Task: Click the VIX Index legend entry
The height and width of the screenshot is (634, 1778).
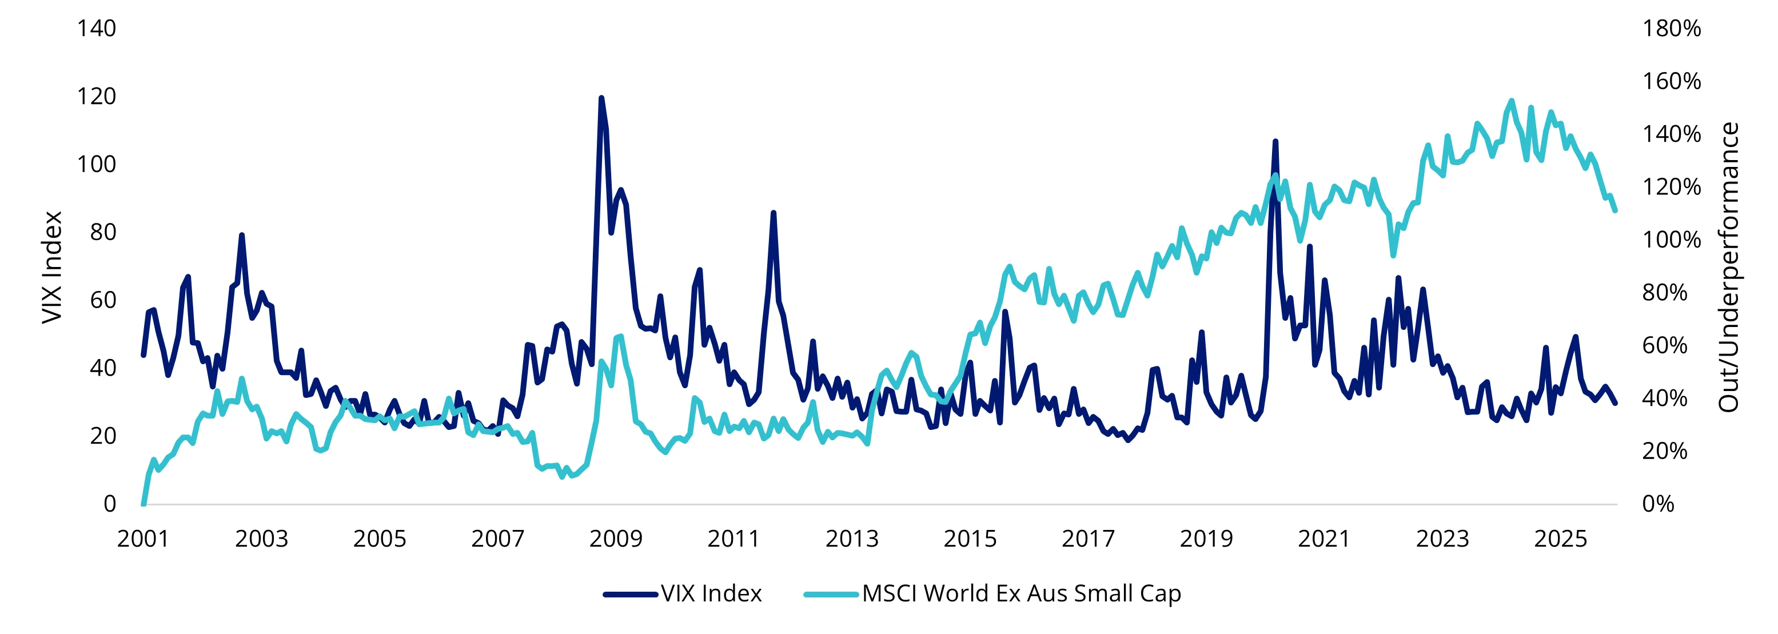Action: (x=711, y=593)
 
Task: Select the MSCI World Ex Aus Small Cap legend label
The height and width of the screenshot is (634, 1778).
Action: (x=1022, y=593)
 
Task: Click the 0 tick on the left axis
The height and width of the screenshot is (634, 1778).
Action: (x=110, y=504)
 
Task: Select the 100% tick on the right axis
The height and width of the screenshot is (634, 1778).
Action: (x=1671, y=240)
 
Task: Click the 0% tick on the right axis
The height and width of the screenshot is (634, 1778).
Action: (x=1658, y=504)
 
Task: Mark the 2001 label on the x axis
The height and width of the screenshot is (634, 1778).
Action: (x=143, y=539)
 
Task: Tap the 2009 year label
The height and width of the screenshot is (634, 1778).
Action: (x=616, y=539)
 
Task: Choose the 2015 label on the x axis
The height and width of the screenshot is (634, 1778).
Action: (x=970, y=539)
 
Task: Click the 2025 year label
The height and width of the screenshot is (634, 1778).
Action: (x=1561, y=539)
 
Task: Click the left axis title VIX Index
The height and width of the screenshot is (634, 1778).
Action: (x=53, y=268)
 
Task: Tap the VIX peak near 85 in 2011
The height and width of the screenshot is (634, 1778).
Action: (x=773, y=213)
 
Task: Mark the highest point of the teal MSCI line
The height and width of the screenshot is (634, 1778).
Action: (x=1511, y=101)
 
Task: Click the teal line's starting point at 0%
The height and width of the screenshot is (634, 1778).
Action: (x=143, y=504)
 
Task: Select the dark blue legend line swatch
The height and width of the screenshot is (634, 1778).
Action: (x=630, y=594)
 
